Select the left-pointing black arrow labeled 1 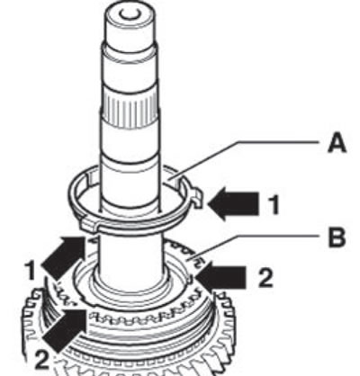click(x=233, y=204)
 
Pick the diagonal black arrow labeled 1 click(x=64, y=255)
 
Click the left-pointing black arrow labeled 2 click(x=220, y=276)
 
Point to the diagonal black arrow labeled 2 click(x=65, y=331)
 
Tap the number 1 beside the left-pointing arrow click(x=274, y=204)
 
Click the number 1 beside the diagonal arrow click(x=31, y=271)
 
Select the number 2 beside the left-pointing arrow click(x=265, y=278)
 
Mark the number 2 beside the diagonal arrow click(x=42, y=360)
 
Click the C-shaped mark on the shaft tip click(x=129, y=14)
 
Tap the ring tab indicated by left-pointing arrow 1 click(x=197, y=198)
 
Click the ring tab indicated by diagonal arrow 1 click(x=90, y=226)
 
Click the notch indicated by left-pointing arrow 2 click(x=190, y=280)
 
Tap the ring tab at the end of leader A click(x=174, y=180)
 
